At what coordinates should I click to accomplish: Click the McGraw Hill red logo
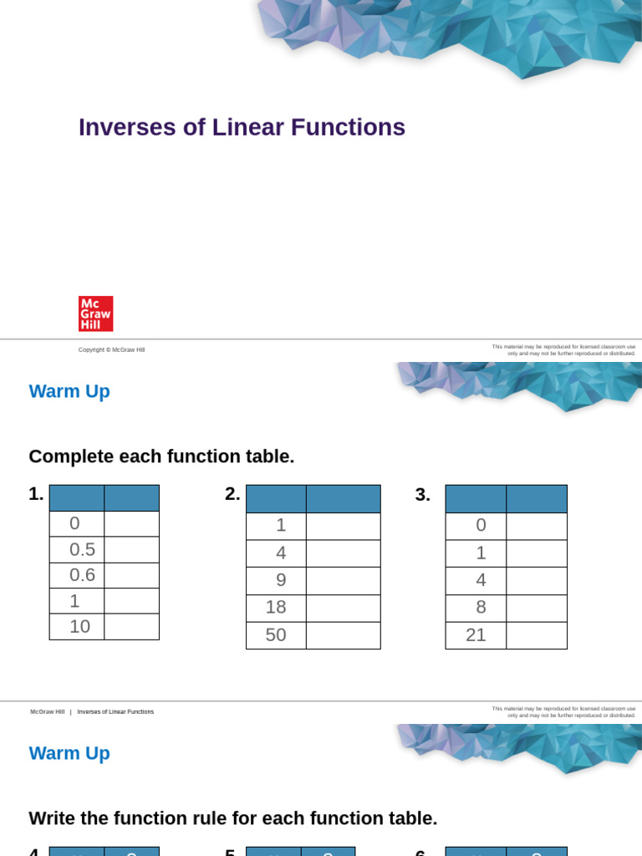click(x=95, y=313)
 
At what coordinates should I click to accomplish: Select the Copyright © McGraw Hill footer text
click(x=111, y=349)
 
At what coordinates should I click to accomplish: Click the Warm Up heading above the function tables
click(x=69, y=391)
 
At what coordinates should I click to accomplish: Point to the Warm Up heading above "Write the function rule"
click(x=69, y=753)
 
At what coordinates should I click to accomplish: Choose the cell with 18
click(x=276, y=608)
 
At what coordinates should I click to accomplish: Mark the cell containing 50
click(x=276, y=634)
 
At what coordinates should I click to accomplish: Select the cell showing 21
click(x=476, y=634)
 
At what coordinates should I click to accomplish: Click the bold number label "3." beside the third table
click(x=422, y=495)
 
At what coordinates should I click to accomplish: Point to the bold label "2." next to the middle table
click(x=232, y=494)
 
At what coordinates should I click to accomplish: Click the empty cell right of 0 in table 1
click(x=131, y=523)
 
